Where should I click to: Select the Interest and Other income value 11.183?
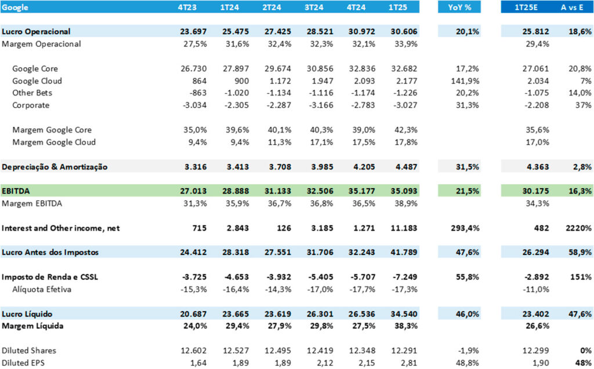[x=403, y=228]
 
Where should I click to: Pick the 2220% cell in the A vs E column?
[x=578, y=228]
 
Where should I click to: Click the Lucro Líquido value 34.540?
[x=403, y=313]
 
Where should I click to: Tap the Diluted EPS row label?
[x=23, y=363]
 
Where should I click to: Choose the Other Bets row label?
[x=31, y=93]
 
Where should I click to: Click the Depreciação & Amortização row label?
[x=63, y=167]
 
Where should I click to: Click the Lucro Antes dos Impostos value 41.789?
[x=403, y=253]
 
